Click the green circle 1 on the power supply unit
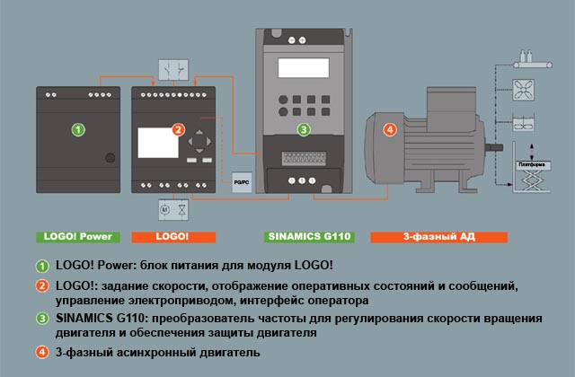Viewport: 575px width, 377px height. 79,130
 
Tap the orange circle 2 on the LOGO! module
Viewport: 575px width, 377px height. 179,130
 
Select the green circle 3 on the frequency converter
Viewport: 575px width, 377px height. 304,130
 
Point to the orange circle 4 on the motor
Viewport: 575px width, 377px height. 389,130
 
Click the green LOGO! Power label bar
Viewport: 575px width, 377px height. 75,238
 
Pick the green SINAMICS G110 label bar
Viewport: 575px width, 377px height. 308,238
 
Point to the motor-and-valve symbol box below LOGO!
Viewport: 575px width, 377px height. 172,209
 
